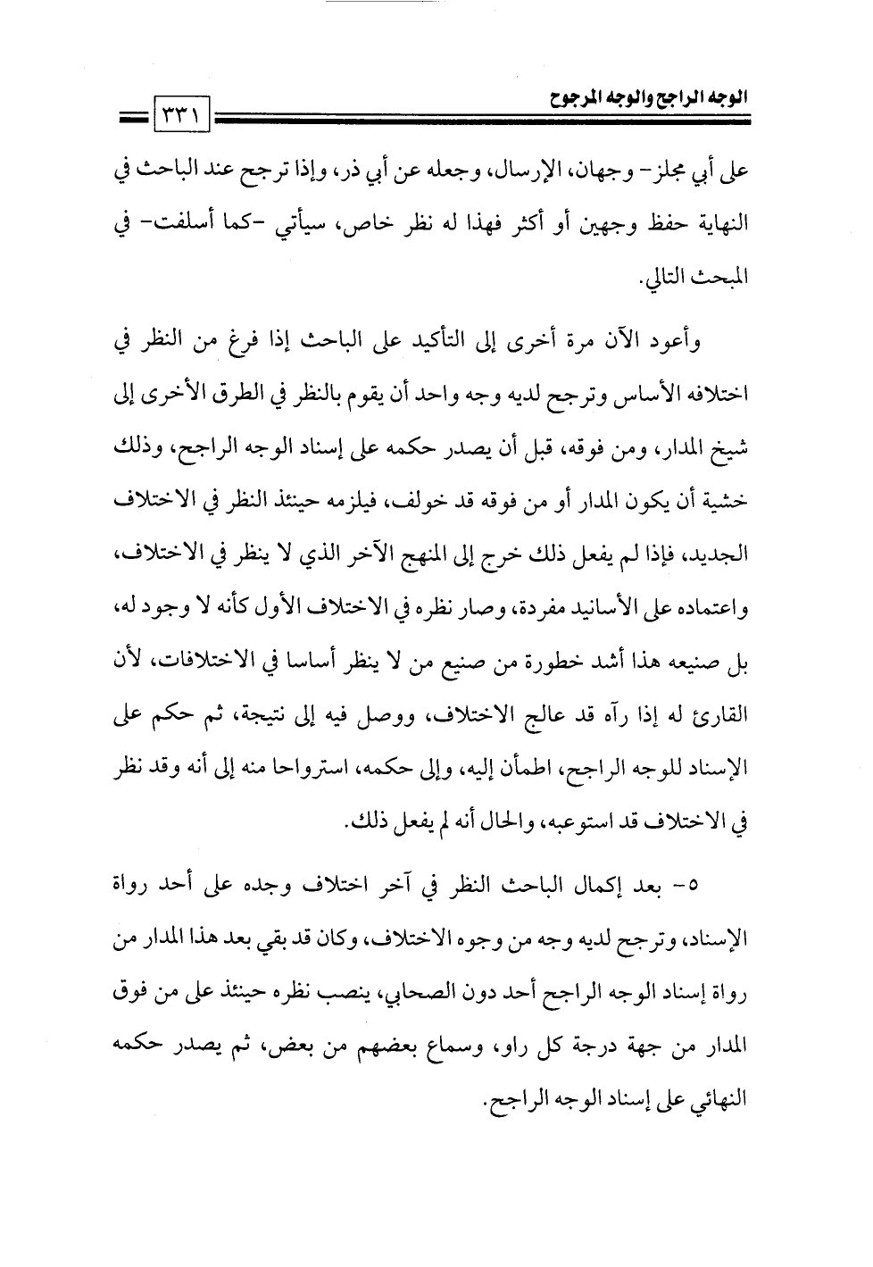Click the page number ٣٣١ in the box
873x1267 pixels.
182,116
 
